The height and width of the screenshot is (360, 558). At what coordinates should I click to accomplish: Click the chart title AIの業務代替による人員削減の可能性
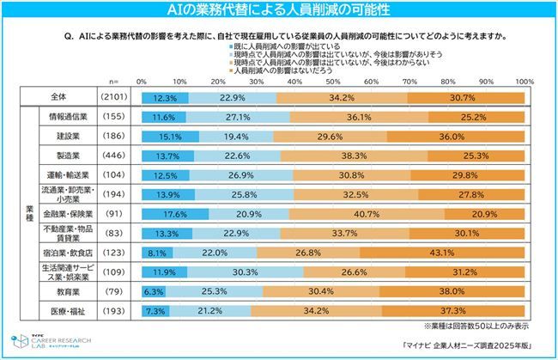tap(278, 9)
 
